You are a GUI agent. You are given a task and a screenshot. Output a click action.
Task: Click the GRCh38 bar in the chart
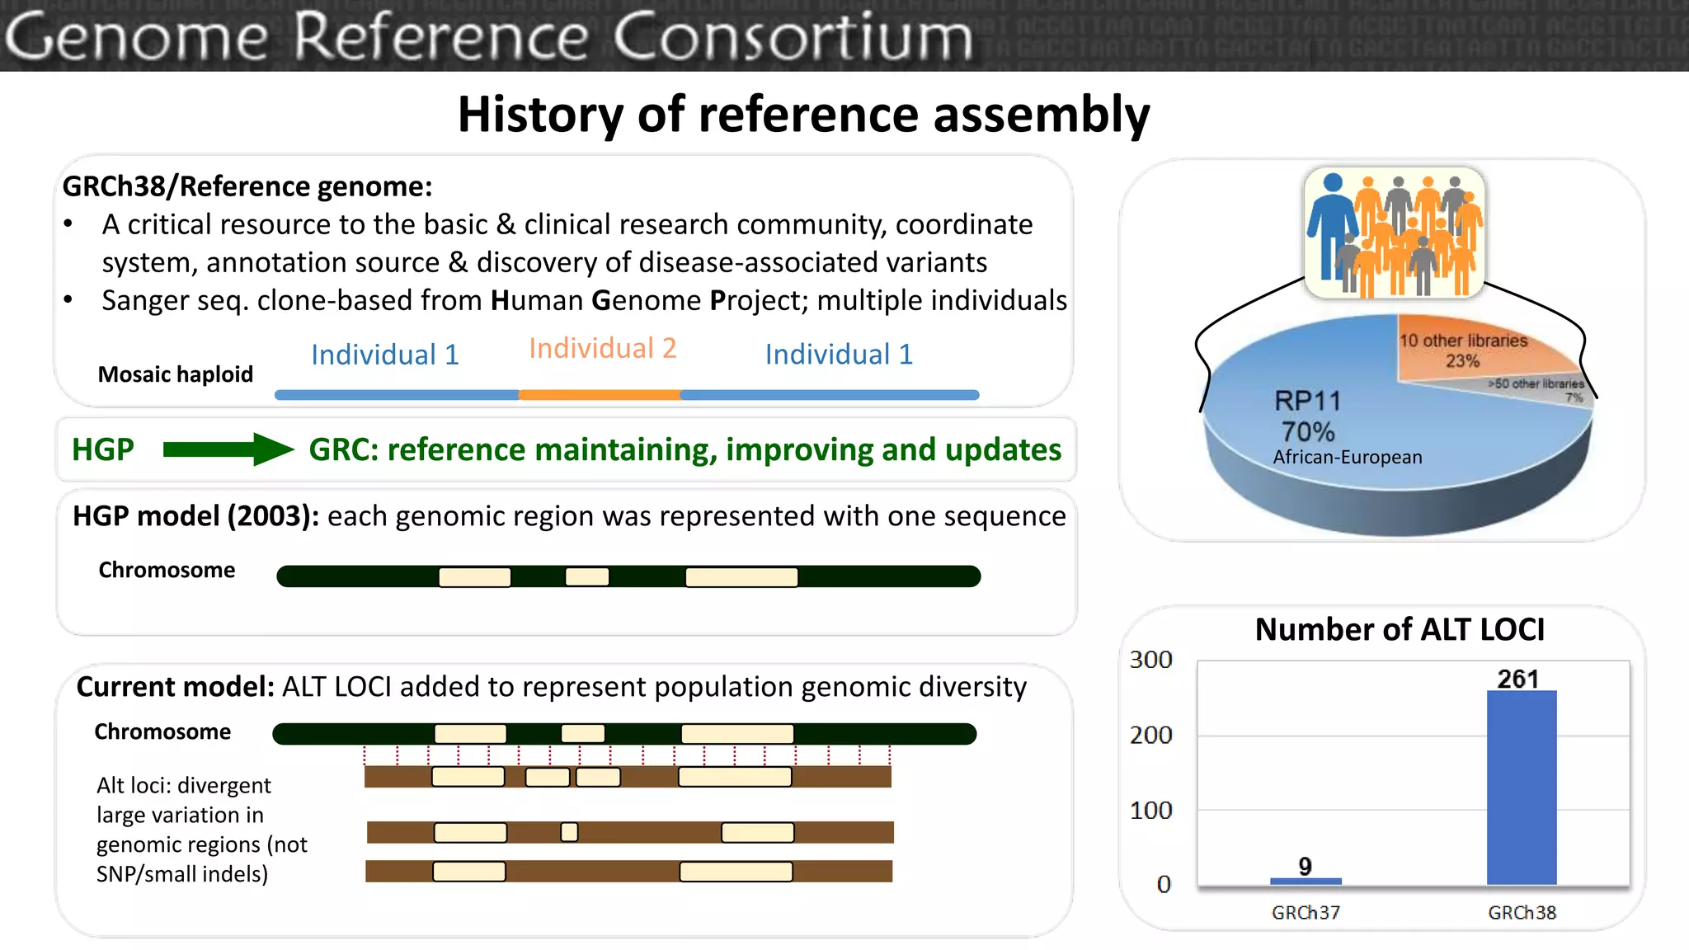tap(1521, 788)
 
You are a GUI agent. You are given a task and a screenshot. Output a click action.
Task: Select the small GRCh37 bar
tap(1306, 881)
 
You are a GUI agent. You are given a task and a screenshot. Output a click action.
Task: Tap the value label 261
tap(1517, 679)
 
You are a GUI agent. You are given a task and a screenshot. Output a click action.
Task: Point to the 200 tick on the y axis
tap(1150, 735)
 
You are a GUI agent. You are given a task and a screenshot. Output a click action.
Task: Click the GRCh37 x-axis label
tap(1306, 913)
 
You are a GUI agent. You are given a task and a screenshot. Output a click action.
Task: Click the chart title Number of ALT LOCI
tap(1400, 630)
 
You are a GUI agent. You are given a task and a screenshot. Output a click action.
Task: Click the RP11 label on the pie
tap(1308, 401)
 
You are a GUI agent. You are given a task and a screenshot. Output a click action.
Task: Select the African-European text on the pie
tap(1347, 457)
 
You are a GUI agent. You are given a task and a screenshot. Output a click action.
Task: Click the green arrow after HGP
tap(228, 449)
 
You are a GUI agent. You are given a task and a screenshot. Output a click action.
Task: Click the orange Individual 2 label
tap(602, 348)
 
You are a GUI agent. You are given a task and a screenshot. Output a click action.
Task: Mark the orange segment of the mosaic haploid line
tap(600, 395)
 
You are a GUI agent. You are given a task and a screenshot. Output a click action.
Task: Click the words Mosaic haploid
tap(175, 374)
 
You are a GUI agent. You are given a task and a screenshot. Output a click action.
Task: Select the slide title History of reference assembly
tap(803, 114)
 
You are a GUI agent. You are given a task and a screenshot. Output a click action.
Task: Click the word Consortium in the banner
tap(793, 37)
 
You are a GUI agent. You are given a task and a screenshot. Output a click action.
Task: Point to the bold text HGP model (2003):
tap(195, 516)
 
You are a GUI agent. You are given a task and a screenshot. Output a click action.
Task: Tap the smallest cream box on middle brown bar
tap(569, 831)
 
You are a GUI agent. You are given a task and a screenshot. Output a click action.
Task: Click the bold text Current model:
tap(175, 687)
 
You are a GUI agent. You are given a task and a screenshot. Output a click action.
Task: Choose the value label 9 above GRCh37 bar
tap(1305, 866)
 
